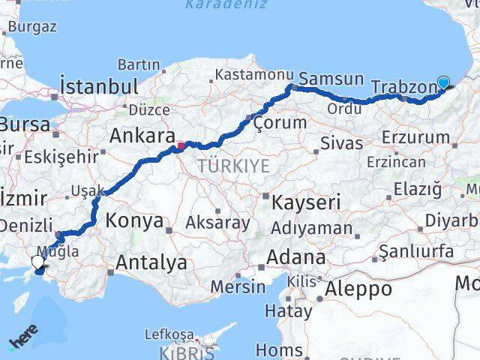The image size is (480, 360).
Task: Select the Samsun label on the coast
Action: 331,79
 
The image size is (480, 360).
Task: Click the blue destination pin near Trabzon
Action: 443,83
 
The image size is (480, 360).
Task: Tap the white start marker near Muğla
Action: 38,262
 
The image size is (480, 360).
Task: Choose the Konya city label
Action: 134,220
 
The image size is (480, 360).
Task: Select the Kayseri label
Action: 295,202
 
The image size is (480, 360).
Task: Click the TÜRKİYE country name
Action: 233,165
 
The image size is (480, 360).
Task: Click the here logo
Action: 23,342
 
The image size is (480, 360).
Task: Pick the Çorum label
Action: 279,122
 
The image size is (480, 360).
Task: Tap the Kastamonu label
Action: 253,75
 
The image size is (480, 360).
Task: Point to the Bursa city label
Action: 25,123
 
